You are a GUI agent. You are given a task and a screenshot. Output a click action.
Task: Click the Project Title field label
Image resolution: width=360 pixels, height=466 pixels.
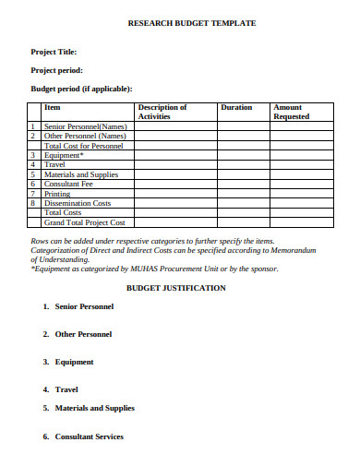[54, 53]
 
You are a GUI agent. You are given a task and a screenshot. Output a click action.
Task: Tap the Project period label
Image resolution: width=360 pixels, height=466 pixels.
[57, 70]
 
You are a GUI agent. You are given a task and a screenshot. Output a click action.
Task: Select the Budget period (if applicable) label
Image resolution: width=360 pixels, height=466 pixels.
[82, 89]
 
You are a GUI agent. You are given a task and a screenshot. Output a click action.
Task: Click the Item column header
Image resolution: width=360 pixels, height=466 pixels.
[52, 107]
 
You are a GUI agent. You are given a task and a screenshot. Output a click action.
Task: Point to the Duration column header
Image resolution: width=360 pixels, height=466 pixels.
[236, 107]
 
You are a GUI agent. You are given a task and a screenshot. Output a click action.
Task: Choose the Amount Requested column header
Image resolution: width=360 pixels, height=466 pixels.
[291, 113]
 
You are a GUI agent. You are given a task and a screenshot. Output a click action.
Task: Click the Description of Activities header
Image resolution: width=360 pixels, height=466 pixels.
[162, 113]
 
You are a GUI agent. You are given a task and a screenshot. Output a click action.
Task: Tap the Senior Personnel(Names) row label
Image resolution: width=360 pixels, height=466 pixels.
[85, 126]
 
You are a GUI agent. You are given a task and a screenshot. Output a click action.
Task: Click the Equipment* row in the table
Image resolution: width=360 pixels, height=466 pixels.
[64, 155]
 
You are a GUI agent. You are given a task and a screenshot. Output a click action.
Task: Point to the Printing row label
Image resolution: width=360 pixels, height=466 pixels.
[57, 194]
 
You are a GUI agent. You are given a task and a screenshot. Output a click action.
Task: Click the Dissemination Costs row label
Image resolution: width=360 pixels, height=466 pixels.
[78, 203]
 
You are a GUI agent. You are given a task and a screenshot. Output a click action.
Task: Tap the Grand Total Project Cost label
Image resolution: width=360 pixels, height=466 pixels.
[84, 222]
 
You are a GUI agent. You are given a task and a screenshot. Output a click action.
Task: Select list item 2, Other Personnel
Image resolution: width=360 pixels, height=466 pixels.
[83, 334]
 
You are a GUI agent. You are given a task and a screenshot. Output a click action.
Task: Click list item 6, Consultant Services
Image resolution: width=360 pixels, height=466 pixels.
[89, 436]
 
